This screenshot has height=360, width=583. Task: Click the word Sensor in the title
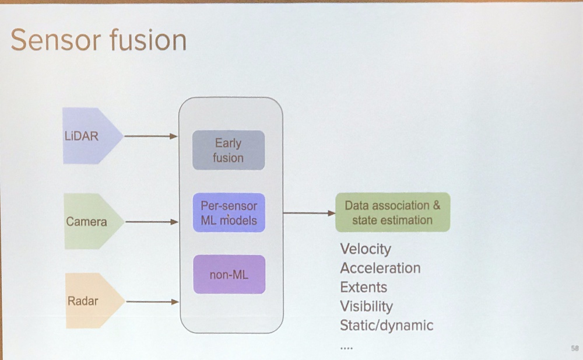tap(54, 40)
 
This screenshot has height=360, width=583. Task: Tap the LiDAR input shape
tap(93, 136)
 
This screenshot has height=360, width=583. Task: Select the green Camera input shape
tap(94, 221)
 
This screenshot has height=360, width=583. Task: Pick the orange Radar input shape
tap(95, 301)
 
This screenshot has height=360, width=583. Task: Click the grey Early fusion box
tap(229, 150)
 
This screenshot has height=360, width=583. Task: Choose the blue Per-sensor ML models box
tap(229, 212)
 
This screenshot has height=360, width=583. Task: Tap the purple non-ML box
tap(229, 274)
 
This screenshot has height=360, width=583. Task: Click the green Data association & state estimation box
tap(392, 212)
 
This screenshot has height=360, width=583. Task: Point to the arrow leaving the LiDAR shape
tap(150, 137)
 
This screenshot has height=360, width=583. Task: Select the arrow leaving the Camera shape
tap(152, 222)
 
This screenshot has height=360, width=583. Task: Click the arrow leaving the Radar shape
tap(152, 302)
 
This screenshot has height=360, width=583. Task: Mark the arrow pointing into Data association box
tap(310, 213)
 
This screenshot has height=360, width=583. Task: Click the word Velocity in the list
tap(366, 249)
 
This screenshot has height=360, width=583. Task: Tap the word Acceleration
tap(380, 268)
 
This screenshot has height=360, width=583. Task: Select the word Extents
tap(364, 287)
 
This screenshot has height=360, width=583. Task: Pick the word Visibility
tap(367, 306)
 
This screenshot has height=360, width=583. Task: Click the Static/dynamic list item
tap(387, 326)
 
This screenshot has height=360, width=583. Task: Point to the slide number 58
tap(575, 348)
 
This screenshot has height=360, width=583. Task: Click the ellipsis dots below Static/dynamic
tap(346, 348)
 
